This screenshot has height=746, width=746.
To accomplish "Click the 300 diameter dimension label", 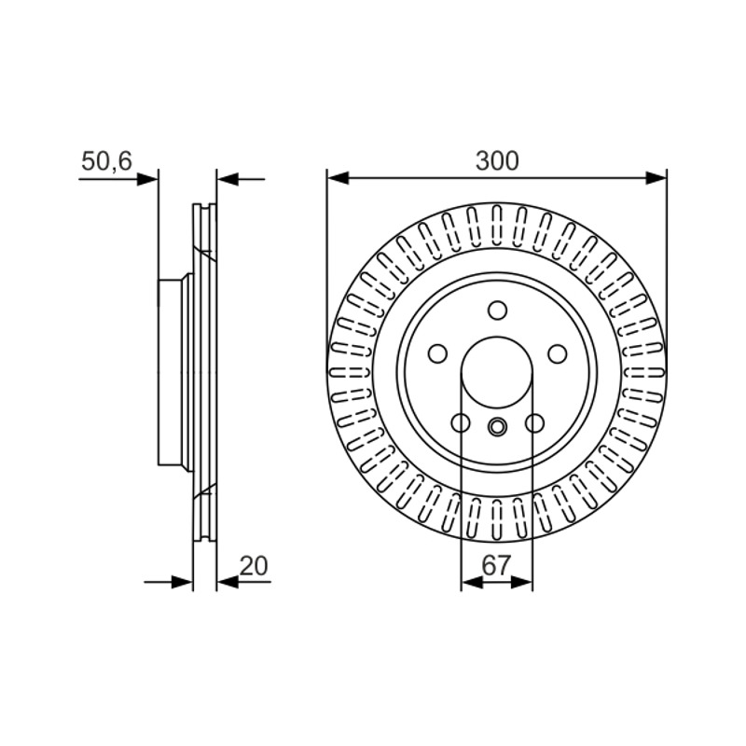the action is (497, 160).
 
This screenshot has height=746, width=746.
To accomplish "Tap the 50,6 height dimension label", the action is (106, 161).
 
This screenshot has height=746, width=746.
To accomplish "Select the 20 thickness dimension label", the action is (254, 566).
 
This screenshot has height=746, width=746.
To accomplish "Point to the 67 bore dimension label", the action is (496, 565).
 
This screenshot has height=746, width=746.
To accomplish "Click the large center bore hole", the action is (497, 372).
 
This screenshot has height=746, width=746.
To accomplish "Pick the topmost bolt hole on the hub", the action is (497, 311).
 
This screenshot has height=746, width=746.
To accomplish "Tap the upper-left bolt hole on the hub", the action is (437, 353).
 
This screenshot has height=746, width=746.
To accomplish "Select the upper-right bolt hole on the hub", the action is (557, 354).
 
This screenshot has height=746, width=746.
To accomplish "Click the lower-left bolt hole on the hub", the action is (461, 422).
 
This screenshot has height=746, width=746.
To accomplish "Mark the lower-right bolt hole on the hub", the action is (534, 422).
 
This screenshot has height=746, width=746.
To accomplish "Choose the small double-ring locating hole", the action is (497, 426).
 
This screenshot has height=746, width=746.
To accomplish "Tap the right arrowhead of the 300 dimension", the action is (656, 179).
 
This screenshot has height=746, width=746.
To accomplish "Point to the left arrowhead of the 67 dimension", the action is (472, 581).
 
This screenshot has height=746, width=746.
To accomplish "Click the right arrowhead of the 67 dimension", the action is (521, 581).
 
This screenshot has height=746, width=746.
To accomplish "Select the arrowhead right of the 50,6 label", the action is (147, 179).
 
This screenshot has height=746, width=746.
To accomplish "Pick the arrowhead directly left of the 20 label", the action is (228, 581).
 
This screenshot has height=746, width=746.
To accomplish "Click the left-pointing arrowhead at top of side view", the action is (228, 179).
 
